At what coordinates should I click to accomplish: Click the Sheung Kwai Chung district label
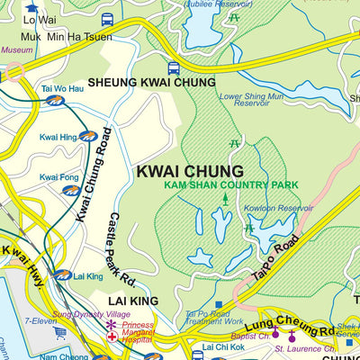(x=165, y=82)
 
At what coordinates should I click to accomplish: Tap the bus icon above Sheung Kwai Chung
(x=174, y=67)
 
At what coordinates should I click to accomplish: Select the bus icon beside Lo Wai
(x=107, y=19)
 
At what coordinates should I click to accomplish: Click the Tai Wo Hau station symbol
(x=56, y=101)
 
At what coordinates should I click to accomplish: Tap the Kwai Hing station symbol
(x=87, y=136)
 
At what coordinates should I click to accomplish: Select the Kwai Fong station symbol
(x=70, y=190)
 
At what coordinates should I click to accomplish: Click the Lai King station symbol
(x=62, y=275)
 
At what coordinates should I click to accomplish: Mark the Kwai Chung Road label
(x=94, y=174)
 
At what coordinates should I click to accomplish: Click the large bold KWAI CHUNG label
(x=190, y=171)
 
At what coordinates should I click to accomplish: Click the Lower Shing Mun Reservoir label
(x=256, y=100)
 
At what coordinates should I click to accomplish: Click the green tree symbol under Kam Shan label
(x=225, y=197)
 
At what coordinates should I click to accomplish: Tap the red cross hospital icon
(x=112, y=337)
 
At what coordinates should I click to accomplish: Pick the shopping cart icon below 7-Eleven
(x=60, y=332)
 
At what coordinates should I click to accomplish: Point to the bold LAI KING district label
(x=133, y=301)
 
